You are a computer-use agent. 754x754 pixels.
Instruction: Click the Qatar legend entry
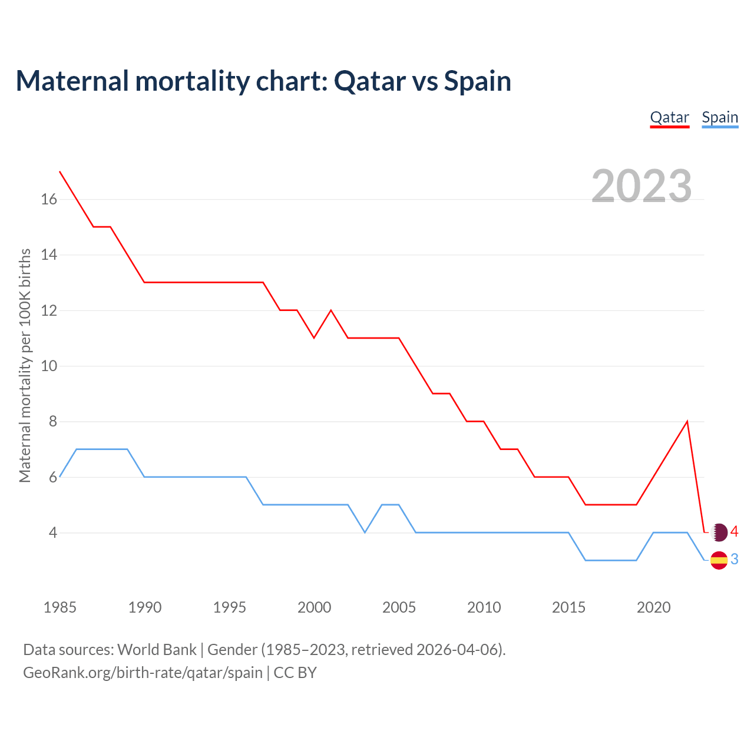click(669, 118)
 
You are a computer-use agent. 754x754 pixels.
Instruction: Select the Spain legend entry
click(720, 118)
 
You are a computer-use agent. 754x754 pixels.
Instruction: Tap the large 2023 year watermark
click(641, 186)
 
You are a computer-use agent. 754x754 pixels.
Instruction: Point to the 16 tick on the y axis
click(49, 200)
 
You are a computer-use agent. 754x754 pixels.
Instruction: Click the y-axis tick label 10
click(49, 366)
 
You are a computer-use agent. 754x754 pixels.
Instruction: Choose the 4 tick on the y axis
click(53, 533)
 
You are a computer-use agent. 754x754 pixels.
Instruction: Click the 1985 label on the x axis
click(60, 607)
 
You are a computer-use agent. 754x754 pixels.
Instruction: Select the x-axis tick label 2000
click(314, 607)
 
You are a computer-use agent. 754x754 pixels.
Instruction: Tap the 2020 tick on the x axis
click(653, 607)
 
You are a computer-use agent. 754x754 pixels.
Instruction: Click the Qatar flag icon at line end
click(719, 533)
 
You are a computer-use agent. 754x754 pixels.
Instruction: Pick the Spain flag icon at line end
click(719, 560)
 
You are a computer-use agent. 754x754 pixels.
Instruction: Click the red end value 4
click(735, 532)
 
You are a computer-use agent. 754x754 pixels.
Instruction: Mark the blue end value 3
click(735, 560)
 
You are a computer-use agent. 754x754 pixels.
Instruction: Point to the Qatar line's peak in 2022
click(687, 422)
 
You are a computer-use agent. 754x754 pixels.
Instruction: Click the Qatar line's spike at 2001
click(331, 310)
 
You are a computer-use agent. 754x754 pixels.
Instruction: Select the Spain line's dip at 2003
click(365, 532)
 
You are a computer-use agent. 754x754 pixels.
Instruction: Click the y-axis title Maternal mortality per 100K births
click(25, 365)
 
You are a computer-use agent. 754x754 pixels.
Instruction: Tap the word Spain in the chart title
click(477, 81)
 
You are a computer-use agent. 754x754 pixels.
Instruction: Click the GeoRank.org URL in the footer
click(143, 672)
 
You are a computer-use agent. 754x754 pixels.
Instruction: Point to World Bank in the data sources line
click(157, 650)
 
